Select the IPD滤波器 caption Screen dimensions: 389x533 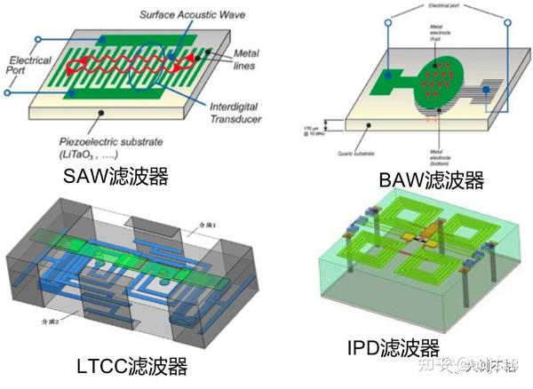394,346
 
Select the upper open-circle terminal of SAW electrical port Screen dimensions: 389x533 39,40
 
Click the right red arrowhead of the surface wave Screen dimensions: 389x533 189,63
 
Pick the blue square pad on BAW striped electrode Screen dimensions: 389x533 485,91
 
